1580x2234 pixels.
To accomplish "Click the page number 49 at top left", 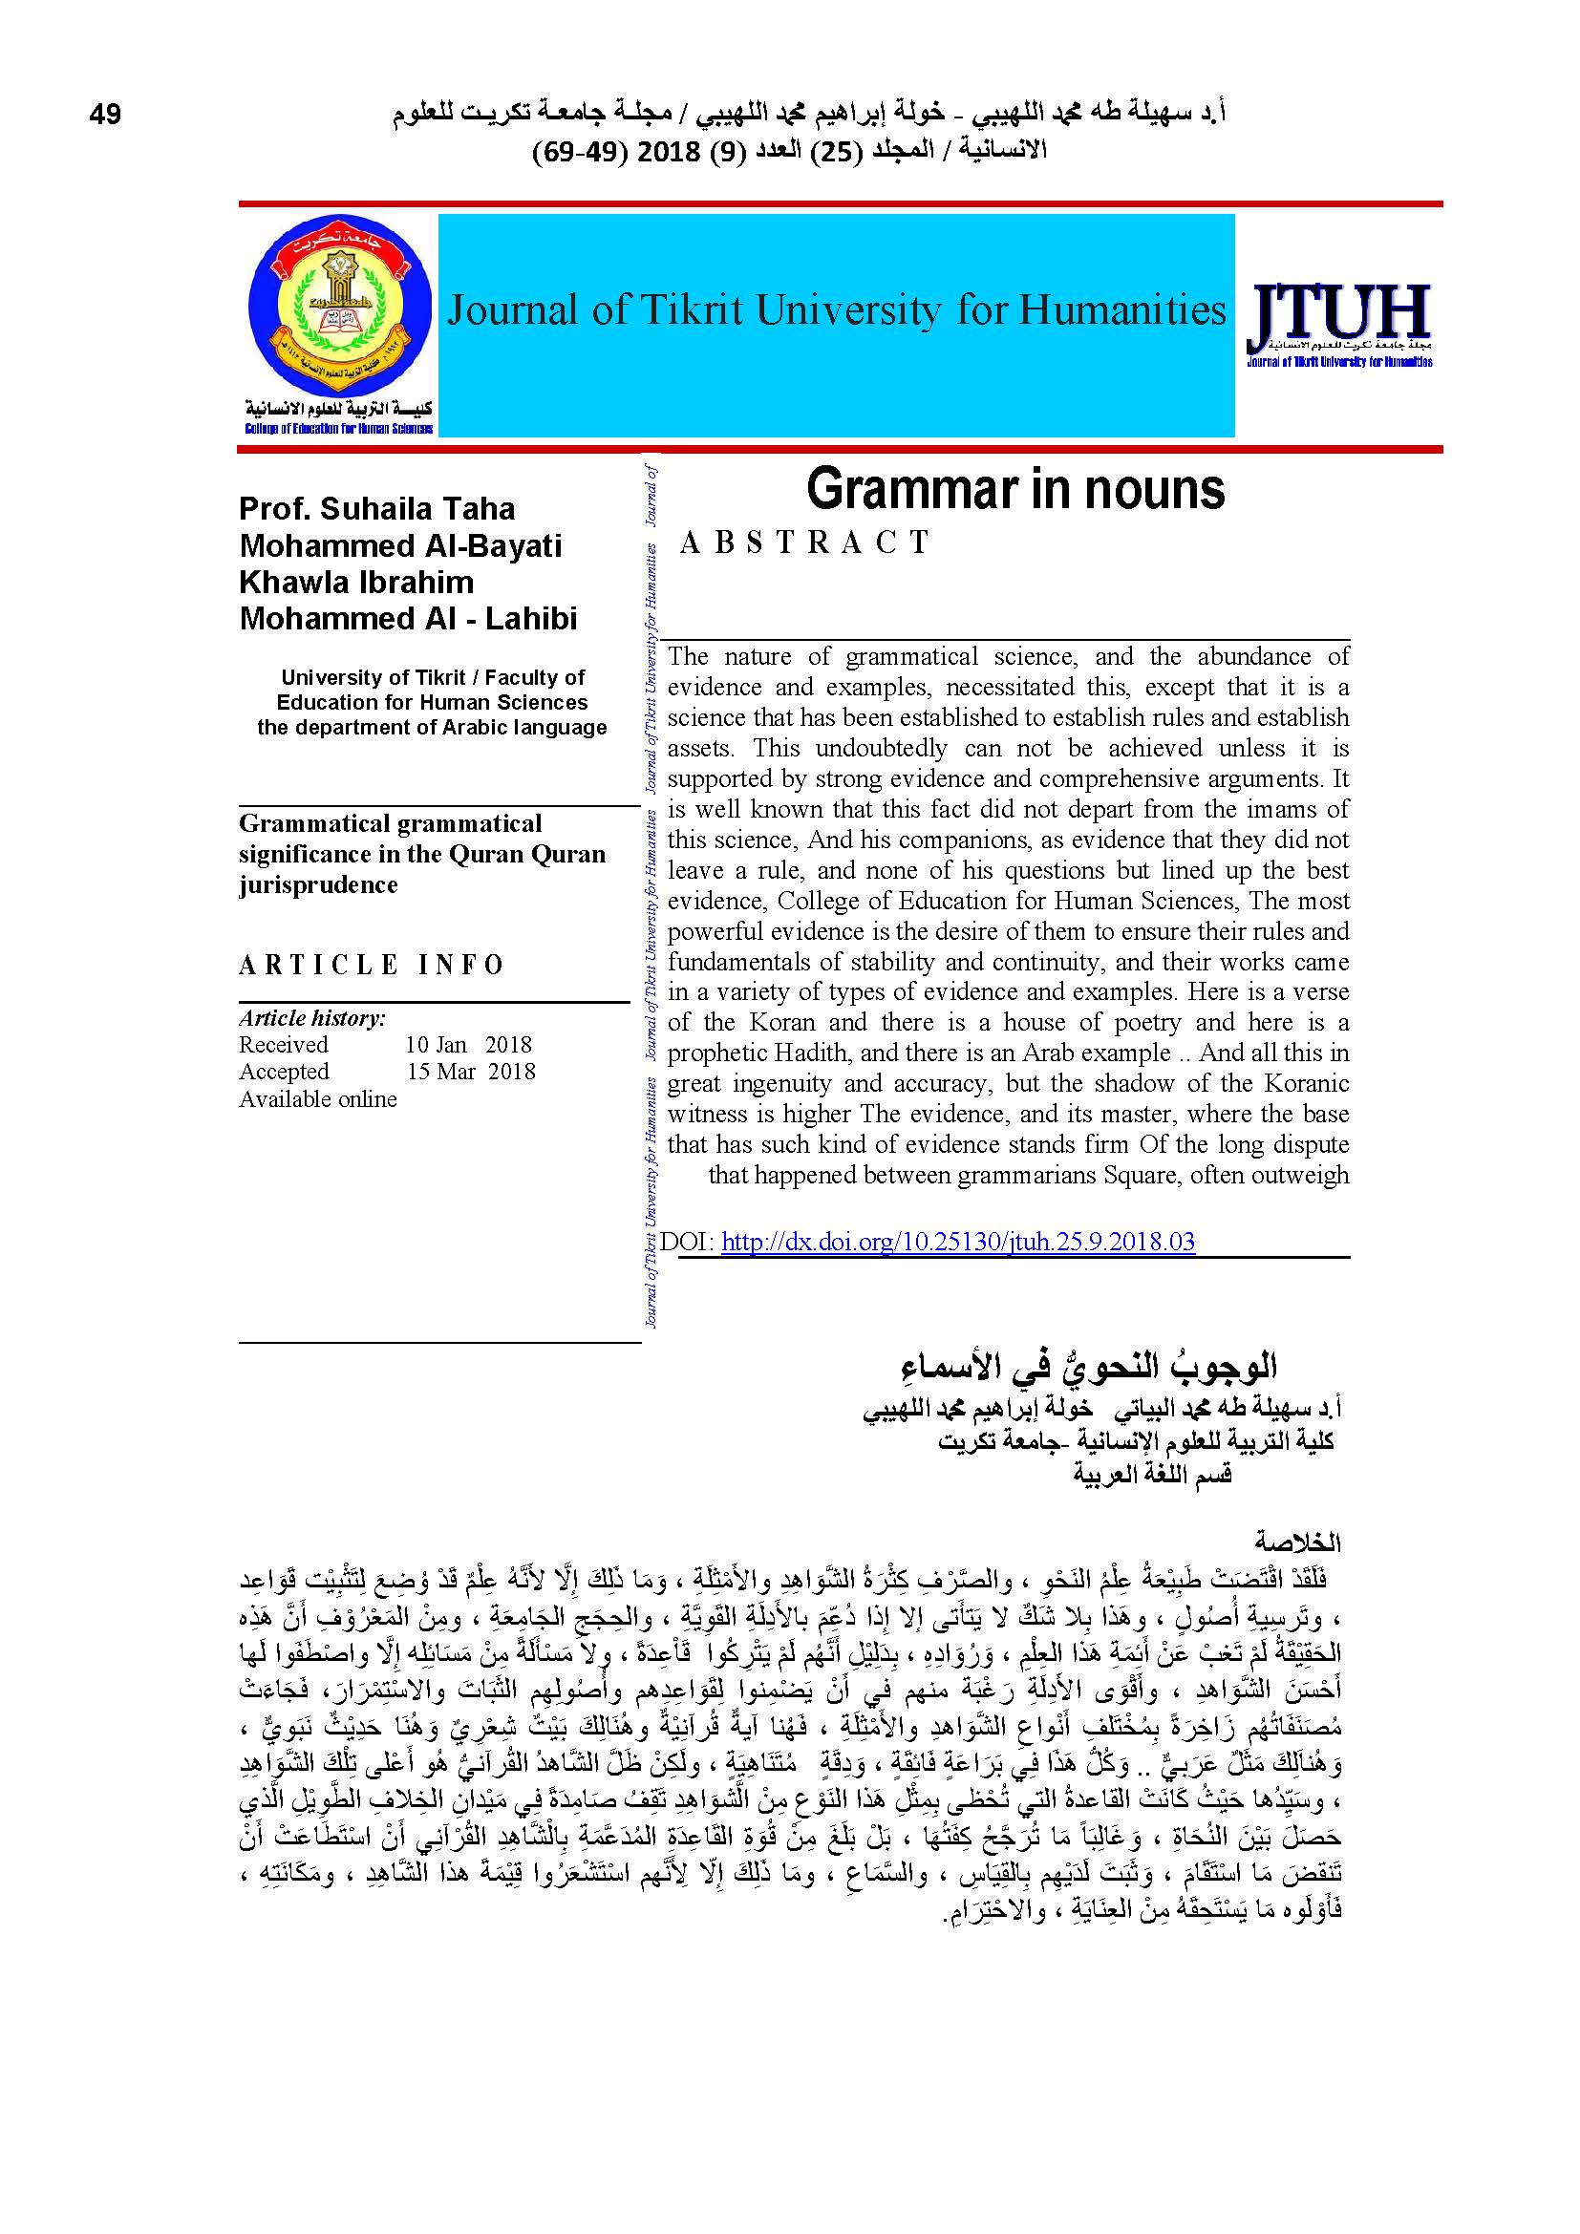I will [105, 115].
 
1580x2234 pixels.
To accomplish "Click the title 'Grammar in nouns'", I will [1014, 489].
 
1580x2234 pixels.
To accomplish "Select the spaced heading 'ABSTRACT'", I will [804, 543].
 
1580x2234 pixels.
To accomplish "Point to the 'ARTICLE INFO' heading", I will [371, 965].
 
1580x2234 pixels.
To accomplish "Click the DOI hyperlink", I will [957, 1242].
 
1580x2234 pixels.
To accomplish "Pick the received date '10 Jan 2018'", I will [469, 1044].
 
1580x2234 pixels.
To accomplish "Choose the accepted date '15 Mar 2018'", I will [471, 1072].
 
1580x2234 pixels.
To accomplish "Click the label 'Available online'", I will [318, 1098].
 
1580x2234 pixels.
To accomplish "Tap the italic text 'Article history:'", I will [312, 1018].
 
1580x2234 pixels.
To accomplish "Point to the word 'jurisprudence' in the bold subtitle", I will [318, 884].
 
